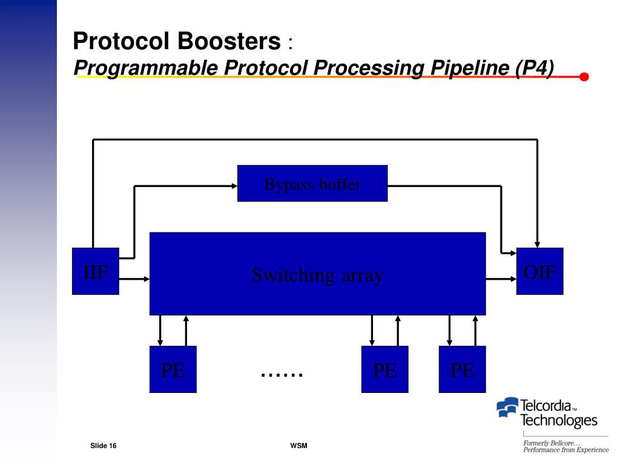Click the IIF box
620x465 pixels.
point(95,271)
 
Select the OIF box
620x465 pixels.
point(539,271)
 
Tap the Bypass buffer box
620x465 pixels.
point(312,183)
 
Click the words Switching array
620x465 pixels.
point(317,275)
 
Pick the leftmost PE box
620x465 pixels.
point(173,369)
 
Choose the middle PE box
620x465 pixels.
point(384,369)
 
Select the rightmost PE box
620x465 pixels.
point(462,369)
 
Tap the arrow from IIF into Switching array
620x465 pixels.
point(134,279)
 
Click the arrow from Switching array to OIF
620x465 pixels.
point(501,279)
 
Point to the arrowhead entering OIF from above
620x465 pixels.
point(537,244)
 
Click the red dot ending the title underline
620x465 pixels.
point(584,77)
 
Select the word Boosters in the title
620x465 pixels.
point(229,42)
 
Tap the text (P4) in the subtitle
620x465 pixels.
point(535,68)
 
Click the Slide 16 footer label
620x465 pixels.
point(104,446)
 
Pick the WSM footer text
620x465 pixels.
point(299,446)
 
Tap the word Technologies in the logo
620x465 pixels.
point(559,420)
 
